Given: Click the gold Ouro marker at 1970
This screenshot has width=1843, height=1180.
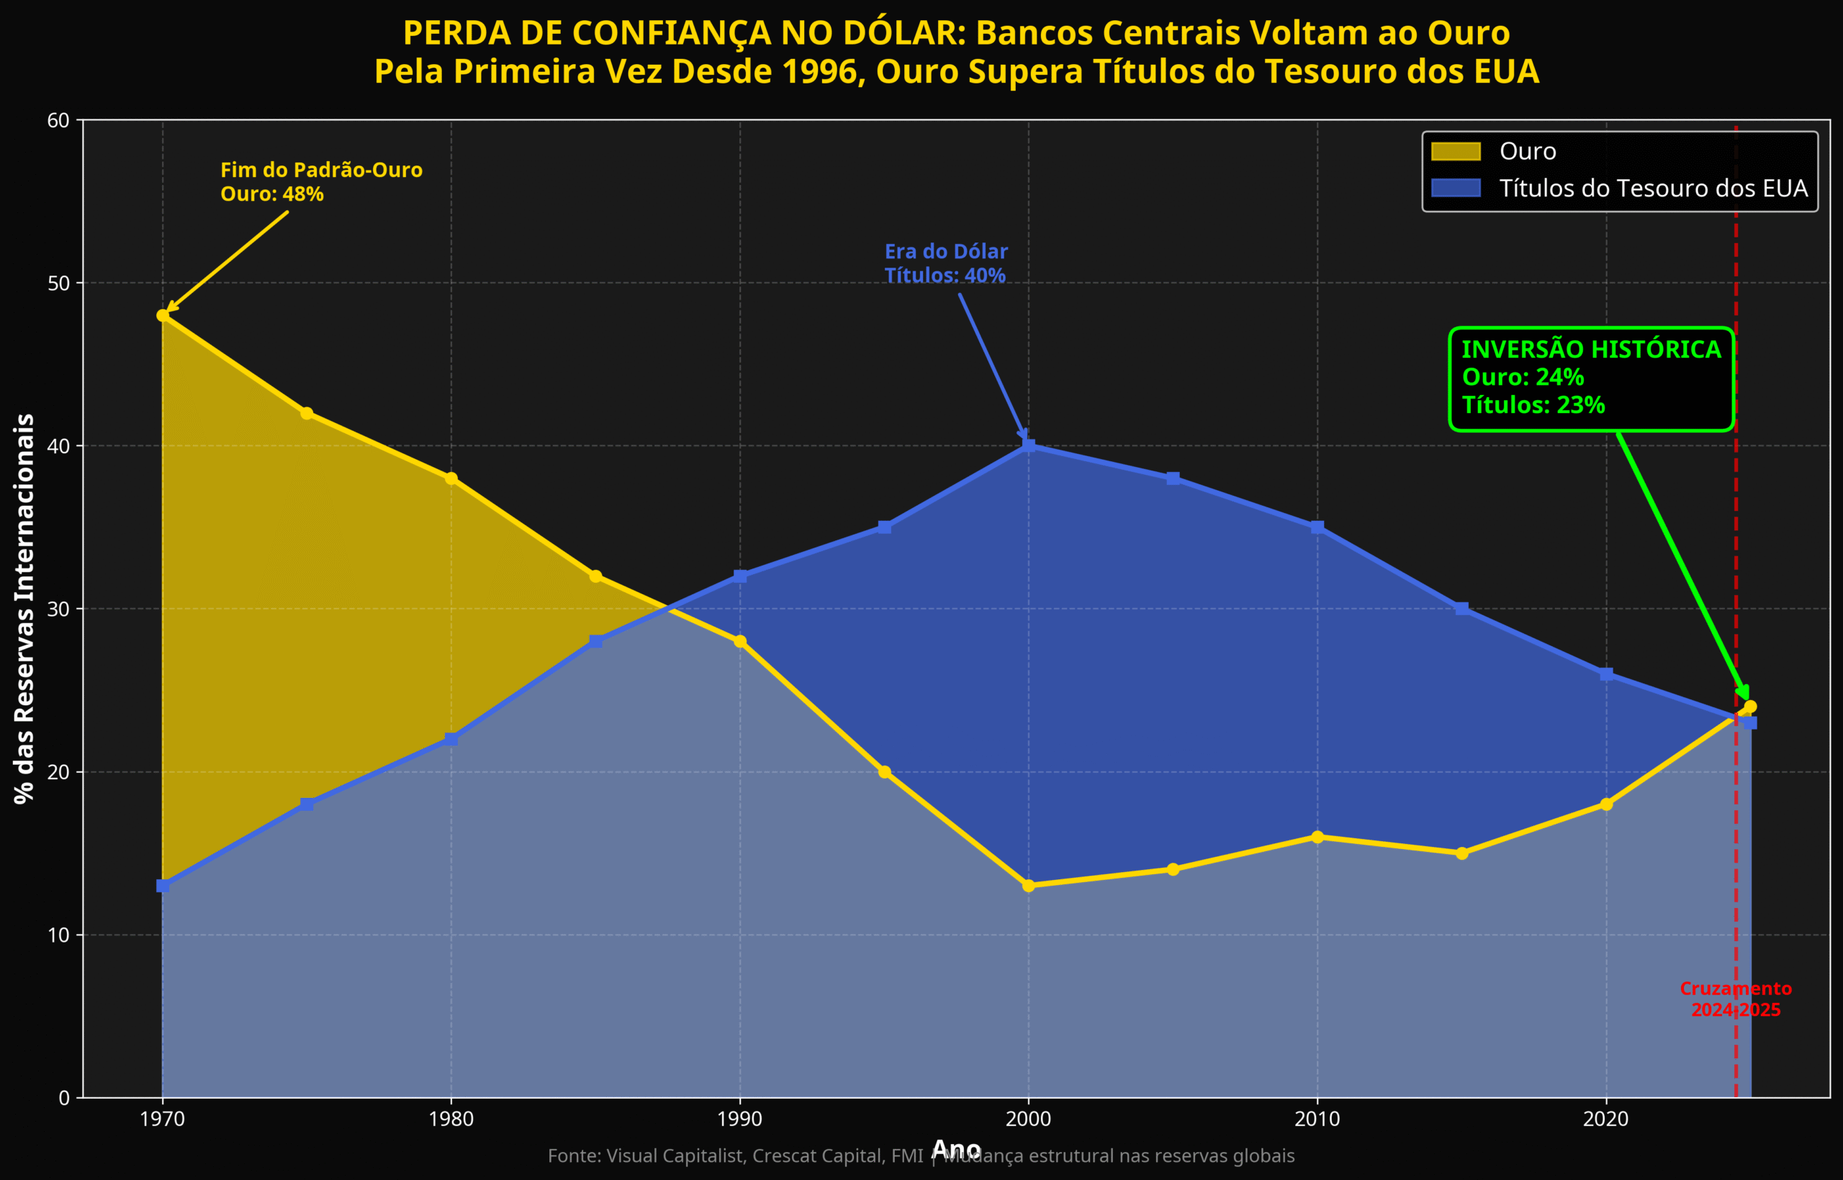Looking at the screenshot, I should (x=163, y=316).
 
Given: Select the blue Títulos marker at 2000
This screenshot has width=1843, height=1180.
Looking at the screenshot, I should (x=1029, y=446).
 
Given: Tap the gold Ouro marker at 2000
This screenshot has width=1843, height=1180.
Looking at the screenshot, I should (x=1029, y=886).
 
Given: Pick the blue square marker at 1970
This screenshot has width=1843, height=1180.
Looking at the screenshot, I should (x=163, y=886).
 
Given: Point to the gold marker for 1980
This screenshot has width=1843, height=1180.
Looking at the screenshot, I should (x=451, y=479).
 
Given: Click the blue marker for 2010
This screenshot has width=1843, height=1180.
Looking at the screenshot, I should (x=1317, y=527).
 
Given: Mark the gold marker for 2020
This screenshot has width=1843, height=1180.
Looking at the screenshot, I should (x=1606, y=804).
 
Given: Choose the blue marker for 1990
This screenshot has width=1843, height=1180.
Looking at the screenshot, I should (x=740, y=576).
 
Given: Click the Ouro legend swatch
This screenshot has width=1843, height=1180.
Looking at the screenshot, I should (x=1455, y=152).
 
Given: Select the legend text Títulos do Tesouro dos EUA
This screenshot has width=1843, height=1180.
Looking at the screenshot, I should (x=1653, y=189).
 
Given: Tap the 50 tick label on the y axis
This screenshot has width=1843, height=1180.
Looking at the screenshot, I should (x=59, y=283).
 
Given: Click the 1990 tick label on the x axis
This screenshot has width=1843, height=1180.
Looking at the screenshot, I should (x=740, y=1120).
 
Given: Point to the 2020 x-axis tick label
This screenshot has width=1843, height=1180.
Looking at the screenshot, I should (x=1606, y=1120).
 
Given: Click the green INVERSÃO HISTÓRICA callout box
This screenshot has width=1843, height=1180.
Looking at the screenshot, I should (x=1591, y=378).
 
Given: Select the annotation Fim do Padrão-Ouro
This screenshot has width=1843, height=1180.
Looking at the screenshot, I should (x=321, y=171).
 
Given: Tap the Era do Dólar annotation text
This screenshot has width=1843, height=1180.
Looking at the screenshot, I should (x=946, y=252).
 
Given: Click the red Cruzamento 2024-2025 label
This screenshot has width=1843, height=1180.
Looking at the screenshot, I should (x=1736, y=999).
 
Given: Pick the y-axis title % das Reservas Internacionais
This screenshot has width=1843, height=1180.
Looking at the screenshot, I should (x=25, y=609).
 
